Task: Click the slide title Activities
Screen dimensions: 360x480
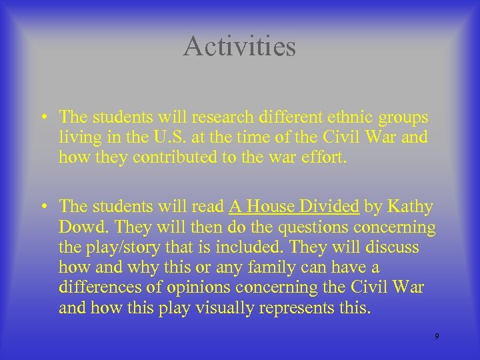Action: [x=239, y=46]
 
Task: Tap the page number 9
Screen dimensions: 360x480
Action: [x=437, y=336]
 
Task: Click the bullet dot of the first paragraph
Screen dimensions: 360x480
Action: [x=42, y=118]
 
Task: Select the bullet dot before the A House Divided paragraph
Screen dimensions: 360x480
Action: [x=42, y=207]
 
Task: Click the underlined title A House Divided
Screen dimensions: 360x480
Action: [x=294, y=207]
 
